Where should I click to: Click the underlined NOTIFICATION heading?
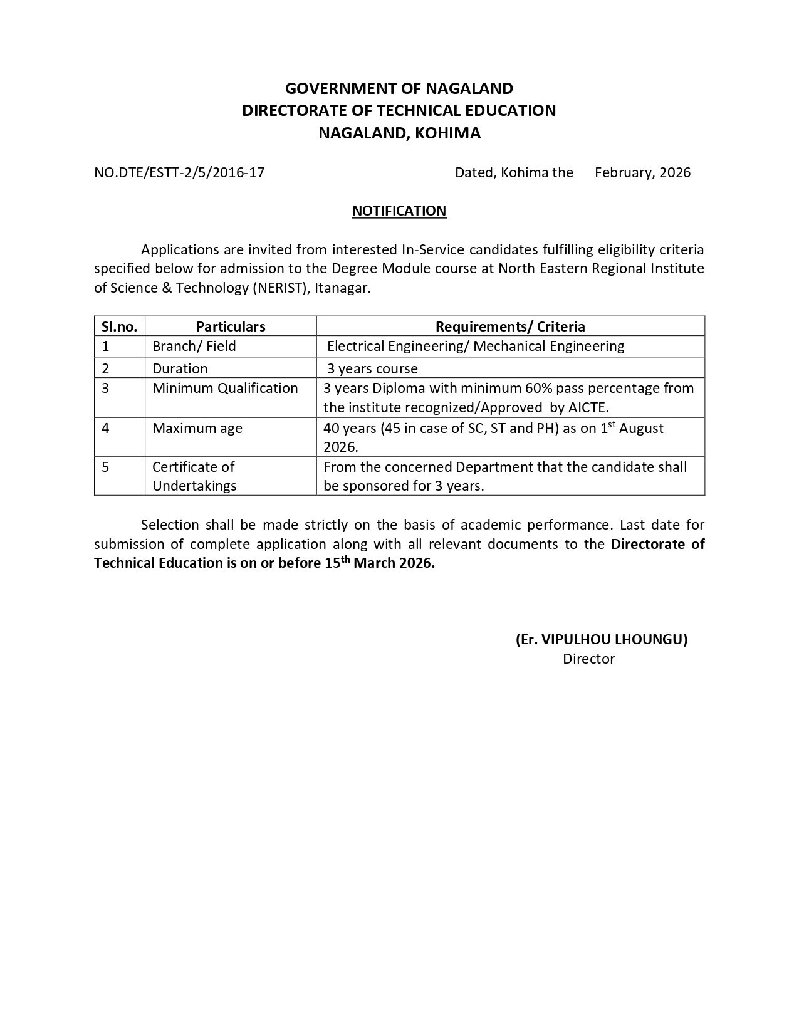click(399, 211)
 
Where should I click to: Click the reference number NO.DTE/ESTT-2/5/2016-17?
click(179, 172)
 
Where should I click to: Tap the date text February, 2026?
click(642, 172)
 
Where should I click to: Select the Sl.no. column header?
click(119, 326)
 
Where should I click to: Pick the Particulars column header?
click(231, 326)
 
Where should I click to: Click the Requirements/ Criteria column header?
click(510, 326)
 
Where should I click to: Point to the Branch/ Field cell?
click(194, 346)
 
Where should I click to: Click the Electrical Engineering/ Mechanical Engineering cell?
click(476, 346)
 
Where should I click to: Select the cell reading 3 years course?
click(372, 368)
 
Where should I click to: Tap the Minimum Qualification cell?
click(225, 388)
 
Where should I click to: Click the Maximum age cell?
click(197, 428)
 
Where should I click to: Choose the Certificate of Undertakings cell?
click(194, 476)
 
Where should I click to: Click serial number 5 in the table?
click(105, 467)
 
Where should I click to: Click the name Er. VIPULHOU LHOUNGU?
click(602, 639)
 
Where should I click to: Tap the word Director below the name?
click(588, 659)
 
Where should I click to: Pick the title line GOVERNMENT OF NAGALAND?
click(399, 88)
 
